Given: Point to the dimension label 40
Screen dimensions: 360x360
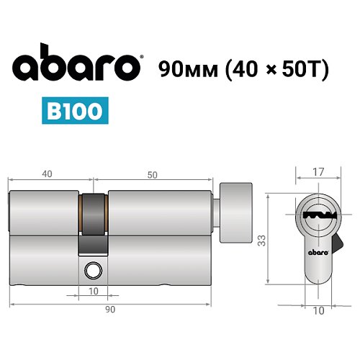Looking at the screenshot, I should (x=47, y=174).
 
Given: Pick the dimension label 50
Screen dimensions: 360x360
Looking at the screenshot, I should (x=152, y=174).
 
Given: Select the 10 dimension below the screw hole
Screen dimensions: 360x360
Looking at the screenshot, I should (x=92, y=292).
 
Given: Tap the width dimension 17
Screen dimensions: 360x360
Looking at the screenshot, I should (x=317, y=172).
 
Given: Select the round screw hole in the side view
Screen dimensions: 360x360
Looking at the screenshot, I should (x=92, y=271).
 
